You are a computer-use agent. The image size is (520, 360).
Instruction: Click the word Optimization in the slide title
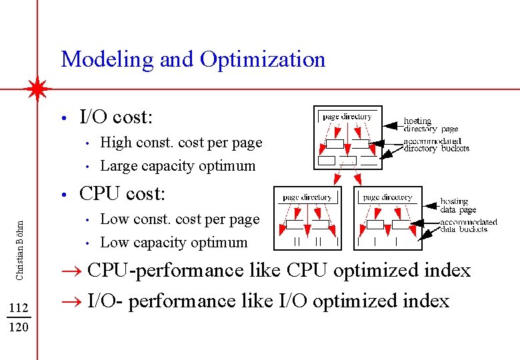(x=262, y=60)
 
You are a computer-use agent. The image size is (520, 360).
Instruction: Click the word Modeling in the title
(x=107, y=60)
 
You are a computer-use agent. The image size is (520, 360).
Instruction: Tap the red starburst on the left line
(x=37, y=89)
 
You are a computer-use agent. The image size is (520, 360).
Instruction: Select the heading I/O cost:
(x=116, y=118)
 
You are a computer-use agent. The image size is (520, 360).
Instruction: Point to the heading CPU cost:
(x=121, y=194)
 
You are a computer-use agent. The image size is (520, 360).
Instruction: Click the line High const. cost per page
(x=181, y=143)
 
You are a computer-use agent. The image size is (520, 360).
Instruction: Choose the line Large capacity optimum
(x=177, y=165)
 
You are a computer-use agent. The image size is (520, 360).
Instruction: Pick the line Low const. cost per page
(x=179, y=219)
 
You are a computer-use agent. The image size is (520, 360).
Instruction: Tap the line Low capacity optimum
(x=173, y=243)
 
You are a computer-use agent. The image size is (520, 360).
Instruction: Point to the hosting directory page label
(x=430, y=125)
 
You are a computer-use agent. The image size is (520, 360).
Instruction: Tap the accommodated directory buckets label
(x=436, y=145)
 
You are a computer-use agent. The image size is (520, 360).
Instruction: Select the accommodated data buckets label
(x=468, y=225)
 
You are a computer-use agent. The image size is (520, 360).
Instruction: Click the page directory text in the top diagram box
(x=347, y=117)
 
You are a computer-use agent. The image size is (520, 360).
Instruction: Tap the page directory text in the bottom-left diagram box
(x=307, y=197)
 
